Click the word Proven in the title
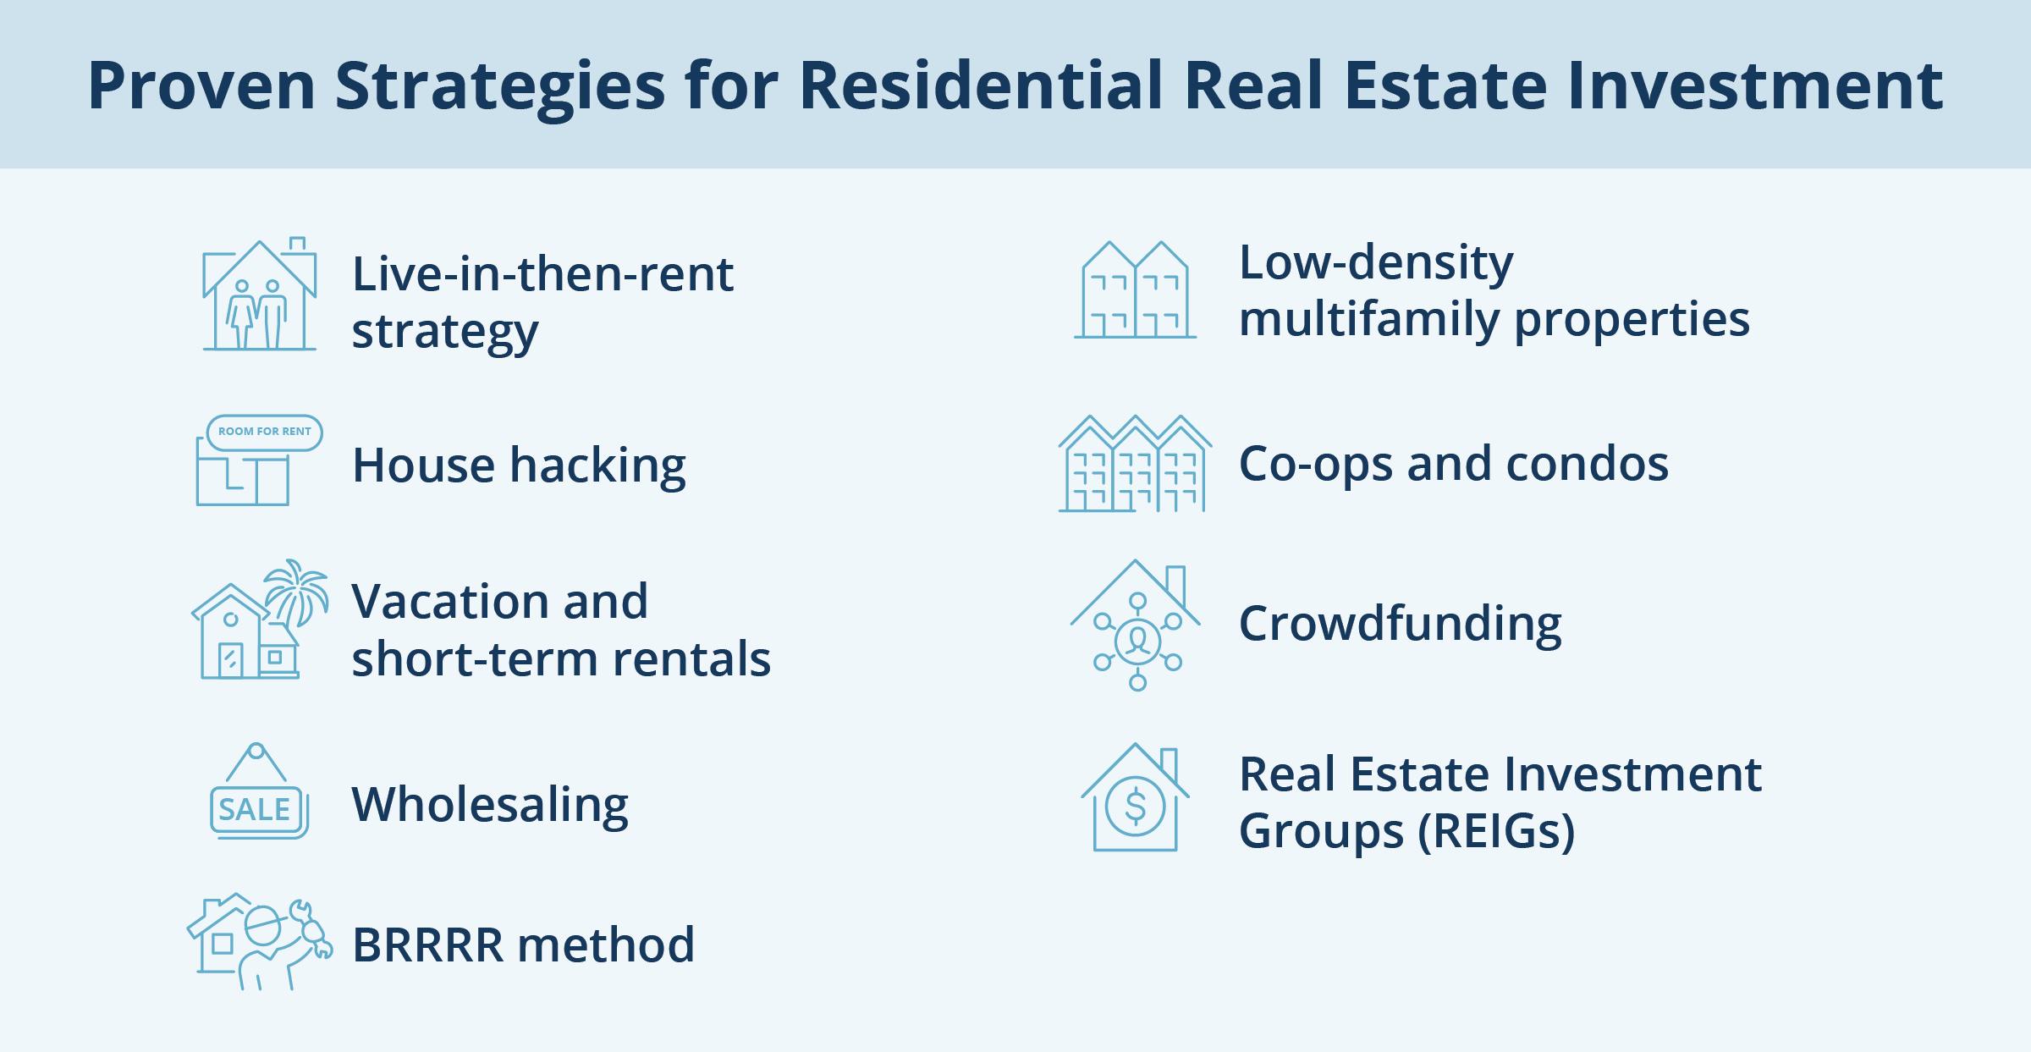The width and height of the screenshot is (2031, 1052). [201, 85]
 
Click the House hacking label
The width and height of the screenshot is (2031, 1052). [519, 465]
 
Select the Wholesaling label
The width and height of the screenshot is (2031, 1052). [490, 804]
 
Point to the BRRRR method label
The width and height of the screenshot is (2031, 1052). [523, 945]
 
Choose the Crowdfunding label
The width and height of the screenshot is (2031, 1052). [1400, 624]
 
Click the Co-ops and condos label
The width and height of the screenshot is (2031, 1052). [1453, 464]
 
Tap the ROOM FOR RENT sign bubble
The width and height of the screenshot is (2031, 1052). [264, 432]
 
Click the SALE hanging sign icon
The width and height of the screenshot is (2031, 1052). [257, 796]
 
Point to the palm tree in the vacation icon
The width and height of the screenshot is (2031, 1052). [295, 588]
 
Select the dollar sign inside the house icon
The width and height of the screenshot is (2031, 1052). [1136, 807]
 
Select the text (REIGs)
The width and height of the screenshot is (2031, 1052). [1496, 830]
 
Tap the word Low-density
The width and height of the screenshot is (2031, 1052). [1376, 262]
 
